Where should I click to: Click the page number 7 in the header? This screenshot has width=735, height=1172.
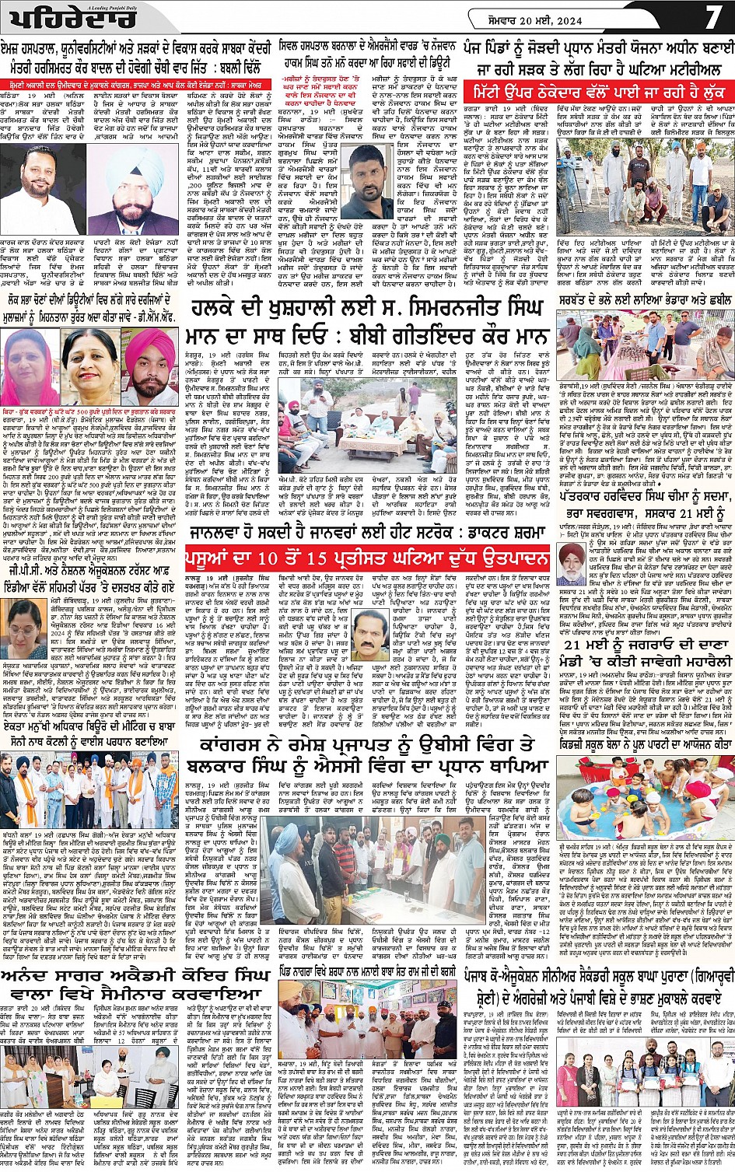tap(713, 17)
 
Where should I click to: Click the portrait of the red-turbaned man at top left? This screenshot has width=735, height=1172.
tap(128, 194)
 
